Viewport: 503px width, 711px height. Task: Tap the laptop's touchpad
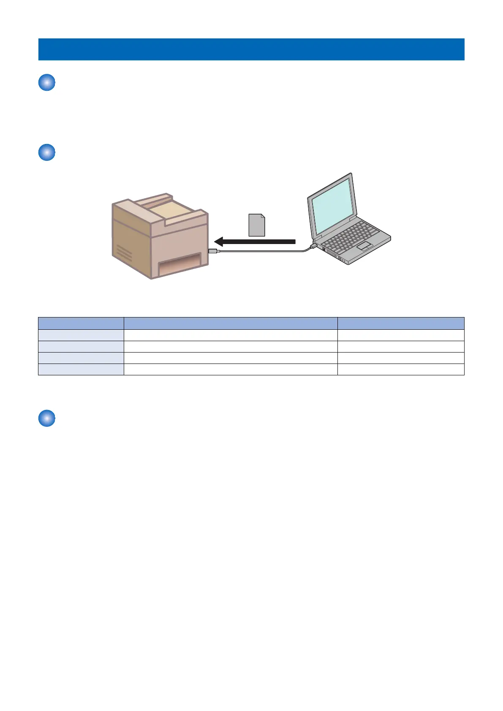point(365,246)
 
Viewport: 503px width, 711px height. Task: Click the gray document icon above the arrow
point(256,225)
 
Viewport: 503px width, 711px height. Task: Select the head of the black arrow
point(219,242)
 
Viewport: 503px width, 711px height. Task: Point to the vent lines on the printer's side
point(124,254)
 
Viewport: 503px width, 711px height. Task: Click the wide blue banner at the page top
point(251,49)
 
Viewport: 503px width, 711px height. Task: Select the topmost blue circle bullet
point(47,82)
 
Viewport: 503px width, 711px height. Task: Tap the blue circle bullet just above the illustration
point(47,152)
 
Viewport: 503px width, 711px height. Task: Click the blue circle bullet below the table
point(47,418)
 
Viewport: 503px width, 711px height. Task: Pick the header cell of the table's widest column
point(230,323)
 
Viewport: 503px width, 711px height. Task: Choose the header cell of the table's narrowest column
point(81,323)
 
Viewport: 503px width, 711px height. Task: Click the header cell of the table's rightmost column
point(400,323)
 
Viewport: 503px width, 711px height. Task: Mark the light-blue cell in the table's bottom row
point(81,369)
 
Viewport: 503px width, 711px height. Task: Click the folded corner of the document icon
point(263,217)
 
